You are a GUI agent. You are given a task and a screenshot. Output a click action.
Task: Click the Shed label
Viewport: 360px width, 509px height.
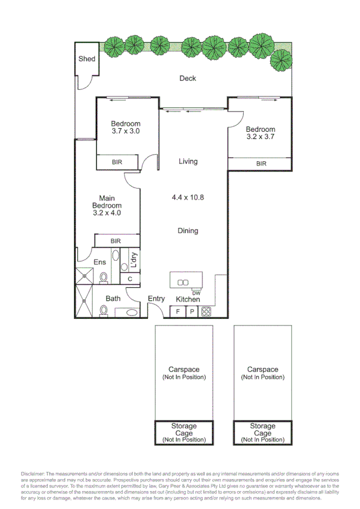[87, 59]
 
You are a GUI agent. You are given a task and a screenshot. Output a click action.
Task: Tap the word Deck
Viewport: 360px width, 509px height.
[188, 79]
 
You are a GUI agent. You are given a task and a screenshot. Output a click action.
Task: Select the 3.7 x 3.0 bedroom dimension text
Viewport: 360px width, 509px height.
[125, 131]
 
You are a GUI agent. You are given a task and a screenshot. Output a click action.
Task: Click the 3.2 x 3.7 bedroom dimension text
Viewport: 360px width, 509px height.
[260, 137]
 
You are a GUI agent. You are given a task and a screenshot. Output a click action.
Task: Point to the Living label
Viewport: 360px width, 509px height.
[188, 161]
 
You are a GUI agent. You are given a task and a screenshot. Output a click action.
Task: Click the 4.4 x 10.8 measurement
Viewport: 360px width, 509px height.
[188, 197]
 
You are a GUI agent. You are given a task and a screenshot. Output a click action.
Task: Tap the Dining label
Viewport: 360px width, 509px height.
[188, 231]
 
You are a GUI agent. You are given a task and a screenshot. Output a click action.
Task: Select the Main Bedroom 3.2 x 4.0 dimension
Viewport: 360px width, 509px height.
[107, 212]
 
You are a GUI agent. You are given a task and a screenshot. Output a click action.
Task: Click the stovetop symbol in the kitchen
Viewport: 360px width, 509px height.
[206, 311]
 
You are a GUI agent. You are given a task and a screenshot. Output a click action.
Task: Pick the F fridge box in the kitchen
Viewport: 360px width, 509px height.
[178, 311]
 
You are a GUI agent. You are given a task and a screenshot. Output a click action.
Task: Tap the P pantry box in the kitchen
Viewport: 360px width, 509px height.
[192, 311]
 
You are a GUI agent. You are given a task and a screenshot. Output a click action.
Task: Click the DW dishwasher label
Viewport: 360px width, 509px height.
[196, 293]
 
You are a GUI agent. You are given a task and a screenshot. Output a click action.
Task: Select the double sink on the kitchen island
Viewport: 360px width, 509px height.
[186, 280]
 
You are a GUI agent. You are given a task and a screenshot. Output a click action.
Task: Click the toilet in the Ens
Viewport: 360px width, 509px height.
[104, 277]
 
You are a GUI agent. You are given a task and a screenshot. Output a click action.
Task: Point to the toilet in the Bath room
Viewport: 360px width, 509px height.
[104, 311]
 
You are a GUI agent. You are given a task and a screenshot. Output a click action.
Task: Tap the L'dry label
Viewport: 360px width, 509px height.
[134, 259]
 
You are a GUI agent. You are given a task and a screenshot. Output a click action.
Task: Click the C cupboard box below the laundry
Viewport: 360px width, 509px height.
[130, 279]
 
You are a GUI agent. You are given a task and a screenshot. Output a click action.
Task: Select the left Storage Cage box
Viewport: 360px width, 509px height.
[184, 433]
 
